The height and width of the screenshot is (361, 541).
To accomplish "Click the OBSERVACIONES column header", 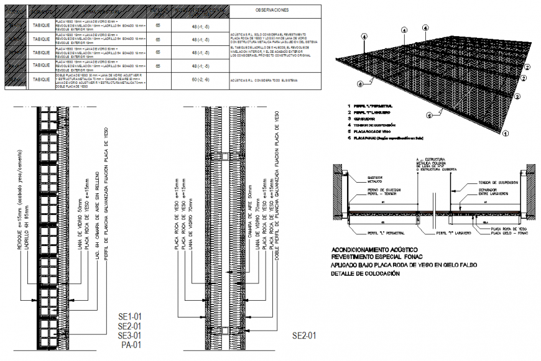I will (271, 11).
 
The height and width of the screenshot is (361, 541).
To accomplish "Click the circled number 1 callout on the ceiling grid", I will (506, 132).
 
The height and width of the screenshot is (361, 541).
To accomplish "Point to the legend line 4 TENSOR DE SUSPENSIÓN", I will (374, 125).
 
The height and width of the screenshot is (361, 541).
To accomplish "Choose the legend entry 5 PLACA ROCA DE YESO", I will (373, 132).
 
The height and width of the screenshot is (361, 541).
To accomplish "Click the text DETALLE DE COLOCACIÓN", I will (364, 274).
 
